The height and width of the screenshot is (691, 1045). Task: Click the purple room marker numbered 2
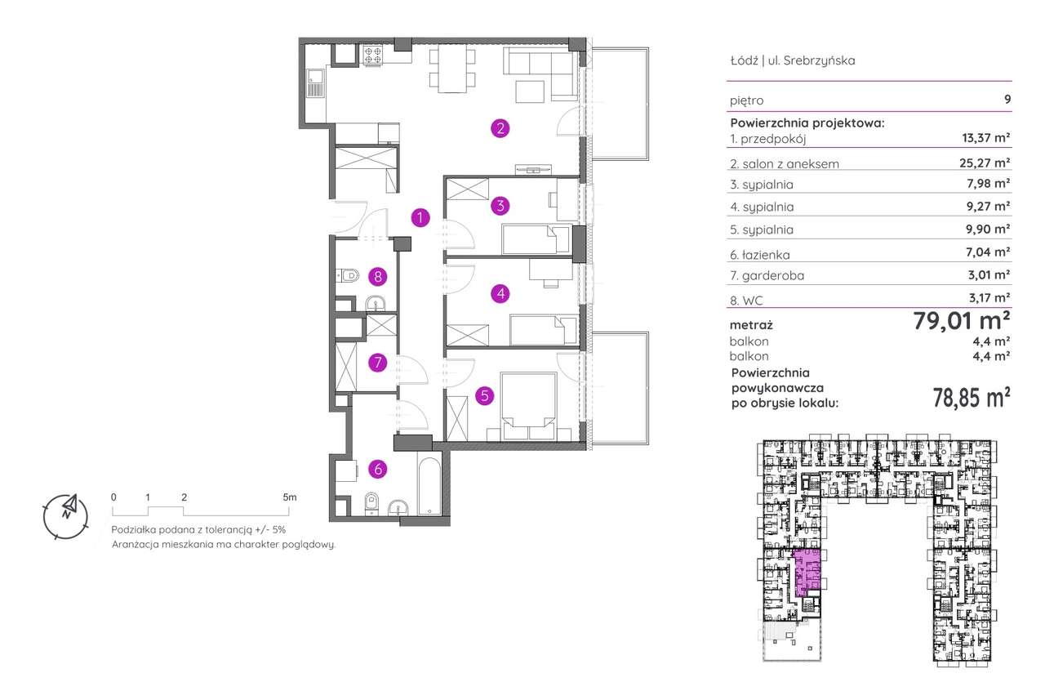coord(500,128)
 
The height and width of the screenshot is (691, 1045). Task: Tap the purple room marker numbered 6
coord(376,469)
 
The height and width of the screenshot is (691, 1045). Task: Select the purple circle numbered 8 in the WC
coord(376,276)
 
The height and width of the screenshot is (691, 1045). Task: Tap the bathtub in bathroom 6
coord(429,488)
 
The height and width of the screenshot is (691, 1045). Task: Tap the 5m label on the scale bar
coord(290,497)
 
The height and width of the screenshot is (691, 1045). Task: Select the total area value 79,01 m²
coord(963,320)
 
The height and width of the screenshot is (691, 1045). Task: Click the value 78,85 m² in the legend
coord(972,398)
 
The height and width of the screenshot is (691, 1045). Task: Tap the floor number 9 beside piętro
coord(1007,100)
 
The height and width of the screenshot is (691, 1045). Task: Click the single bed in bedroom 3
coord(535,240)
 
